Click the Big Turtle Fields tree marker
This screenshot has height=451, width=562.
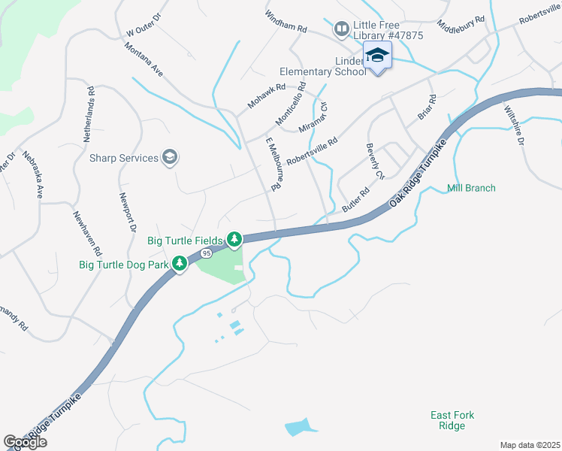234,240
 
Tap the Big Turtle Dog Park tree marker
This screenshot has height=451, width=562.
180,264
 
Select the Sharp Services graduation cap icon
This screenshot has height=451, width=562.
171,158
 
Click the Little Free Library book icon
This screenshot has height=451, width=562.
341,29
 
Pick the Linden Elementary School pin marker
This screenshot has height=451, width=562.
377,56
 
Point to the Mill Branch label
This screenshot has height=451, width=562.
471,188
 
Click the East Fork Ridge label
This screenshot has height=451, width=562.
452,420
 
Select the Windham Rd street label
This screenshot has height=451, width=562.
286,21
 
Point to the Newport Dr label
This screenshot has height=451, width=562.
128,212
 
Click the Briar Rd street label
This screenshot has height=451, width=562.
427,107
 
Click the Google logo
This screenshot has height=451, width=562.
25,442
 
